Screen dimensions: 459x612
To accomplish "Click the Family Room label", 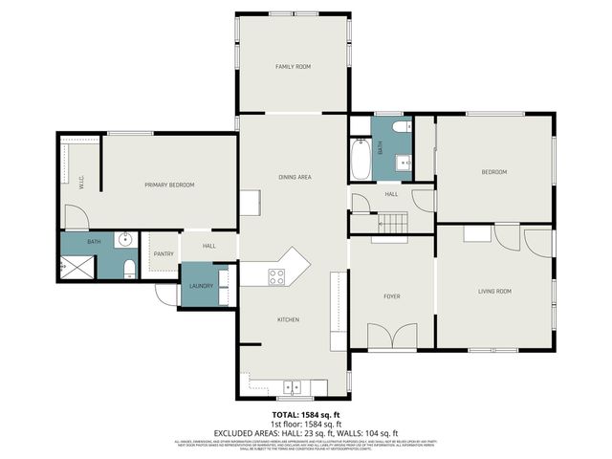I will (293, 66).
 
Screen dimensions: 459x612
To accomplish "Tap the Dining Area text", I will (295, 177).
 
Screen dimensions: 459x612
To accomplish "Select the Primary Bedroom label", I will (169, 185).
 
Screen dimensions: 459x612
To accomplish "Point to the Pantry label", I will (163, 253).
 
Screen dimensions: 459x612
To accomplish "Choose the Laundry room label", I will (200, 286).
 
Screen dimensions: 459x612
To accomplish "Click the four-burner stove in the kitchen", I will (275, 276).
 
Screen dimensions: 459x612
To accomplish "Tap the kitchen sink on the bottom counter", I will (295, 387).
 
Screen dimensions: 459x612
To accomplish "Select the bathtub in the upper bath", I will (361, 161).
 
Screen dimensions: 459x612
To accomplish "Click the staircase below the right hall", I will (393, 223).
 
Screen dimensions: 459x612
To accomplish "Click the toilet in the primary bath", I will (128, 267).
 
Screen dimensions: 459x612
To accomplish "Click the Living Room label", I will (494, 291).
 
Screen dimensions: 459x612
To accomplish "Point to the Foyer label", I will (392, 296).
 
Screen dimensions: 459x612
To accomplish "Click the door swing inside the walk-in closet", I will (73, 218).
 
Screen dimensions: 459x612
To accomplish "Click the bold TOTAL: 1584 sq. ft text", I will (305, 412).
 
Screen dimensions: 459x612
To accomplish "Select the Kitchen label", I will (289, 319).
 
